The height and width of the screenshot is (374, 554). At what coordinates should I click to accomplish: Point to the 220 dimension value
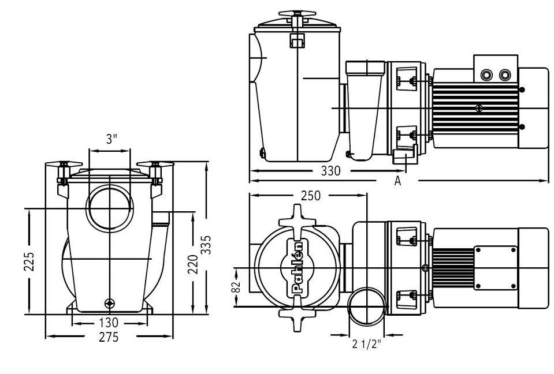click(x=194, y=264)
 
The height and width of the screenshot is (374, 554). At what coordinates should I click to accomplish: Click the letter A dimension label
click(x=397, y=182)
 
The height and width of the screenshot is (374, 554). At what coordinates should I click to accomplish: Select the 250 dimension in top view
click(x=310, y=196)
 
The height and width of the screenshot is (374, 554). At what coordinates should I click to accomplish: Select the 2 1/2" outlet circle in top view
click(x=366, y=306)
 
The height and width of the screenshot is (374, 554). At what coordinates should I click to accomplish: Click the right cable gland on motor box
click(x=506, y=74)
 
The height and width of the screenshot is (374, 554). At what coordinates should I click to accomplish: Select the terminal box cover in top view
click(x=495, y=267)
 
